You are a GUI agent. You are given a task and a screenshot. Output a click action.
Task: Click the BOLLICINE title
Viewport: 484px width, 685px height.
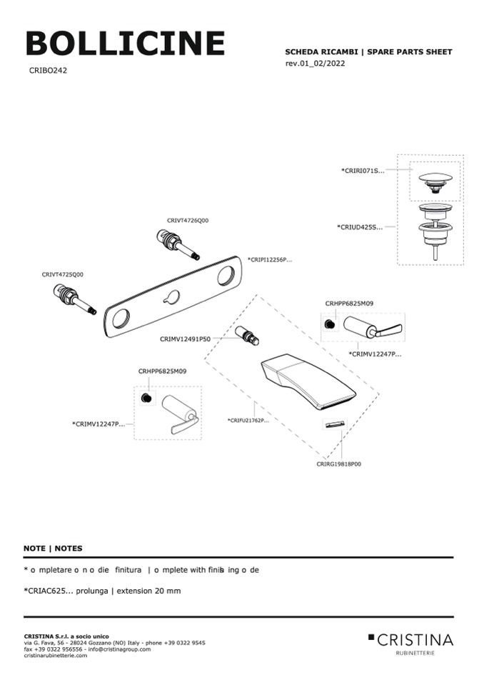coord(125,44)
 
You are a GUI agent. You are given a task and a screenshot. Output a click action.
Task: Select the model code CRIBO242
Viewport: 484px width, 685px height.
coord(49,71)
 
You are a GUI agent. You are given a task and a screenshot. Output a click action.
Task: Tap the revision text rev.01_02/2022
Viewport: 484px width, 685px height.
coord(319,64)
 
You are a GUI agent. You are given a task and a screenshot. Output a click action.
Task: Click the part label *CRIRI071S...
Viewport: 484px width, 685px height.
coord(363,171)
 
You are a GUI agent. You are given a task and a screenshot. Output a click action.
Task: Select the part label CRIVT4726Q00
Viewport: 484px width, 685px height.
coord(188,221)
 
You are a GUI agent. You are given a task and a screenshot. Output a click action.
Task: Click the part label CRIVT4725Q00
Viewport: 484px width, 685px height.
coord(62,274)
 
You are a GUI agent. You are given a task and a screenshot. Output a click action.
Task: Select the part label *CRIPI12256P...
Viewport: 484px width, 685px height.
coord(270,260)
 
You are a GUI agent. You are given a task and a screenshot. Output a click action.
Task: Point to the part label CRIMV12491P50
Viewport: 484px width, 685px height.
coord(185,339)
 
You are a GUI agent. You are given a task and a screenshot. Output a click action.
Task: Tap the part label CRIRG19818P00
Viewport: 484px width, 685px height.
coord(338,464)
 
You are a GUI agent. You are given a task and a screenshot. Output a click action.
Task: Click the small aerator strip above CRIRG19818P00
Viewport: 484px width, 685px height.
coord(334,426)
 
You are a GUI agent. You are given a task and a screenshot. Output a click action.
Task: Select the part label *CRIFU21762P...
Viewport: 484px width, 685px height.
coord(248,420)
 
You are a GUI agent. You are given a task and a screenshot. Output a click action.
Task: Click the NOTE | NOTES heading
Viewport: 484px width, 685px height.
coord(53,549)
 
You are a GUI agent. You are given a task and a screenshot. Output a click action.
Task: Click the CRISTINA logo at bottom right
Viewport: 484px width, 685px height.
coord(411,640)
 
